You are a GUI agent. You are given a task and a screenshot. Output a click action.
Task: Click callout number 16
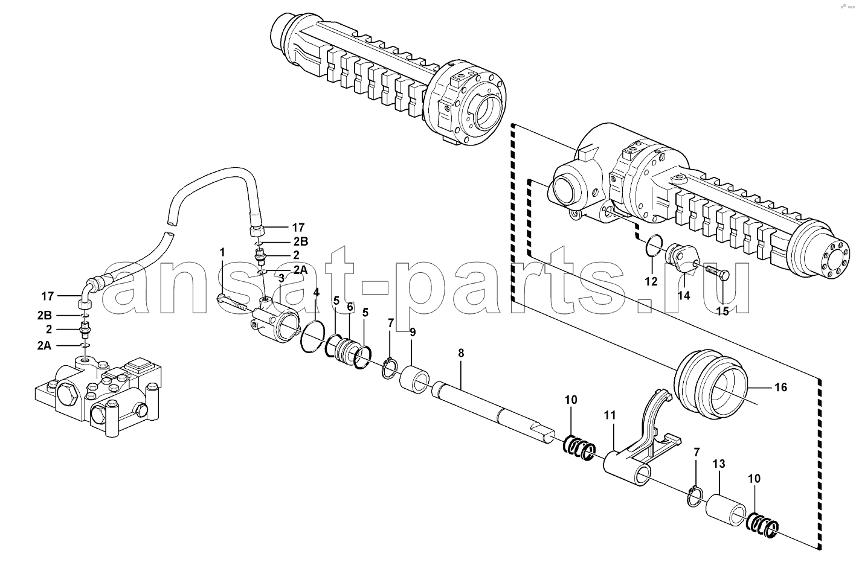(781, 388)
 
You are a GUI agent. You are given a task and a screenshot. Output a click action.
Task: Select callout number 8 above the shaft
(461, 353)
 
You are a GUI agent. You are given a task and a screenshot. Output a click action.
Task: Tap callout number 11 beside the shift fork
(610, 415)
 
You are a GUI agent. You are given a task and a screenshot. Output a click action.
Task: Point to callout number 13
(719, 464)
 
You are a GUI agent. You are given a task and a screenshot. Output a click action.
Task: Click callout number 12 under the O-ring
(651, 282)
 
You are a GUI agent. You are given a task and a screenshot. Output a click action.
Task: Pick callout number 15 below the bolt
(722, 311)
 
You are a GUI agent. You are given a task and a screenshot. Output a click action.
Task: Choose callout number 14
(684, 296)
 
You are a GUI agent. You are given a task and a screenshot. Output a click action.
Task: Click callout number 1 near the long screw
(222, 252)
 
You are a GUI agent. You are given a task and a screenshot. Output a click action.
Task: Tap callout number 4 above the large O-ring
(316, 293)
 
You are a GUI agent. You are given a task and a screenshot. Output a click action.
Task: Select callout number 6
(350, 307)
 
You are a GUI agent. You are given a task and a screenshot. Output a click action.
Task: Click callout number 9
(413, 333)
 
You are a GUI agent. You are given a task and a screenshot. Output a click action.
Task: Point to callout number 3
(282, 278)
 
